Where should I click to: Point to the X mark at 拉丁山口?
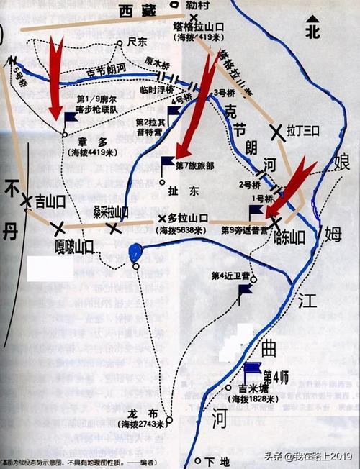point(276,130)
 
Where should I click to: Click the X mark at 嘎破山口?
point(58,228)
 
